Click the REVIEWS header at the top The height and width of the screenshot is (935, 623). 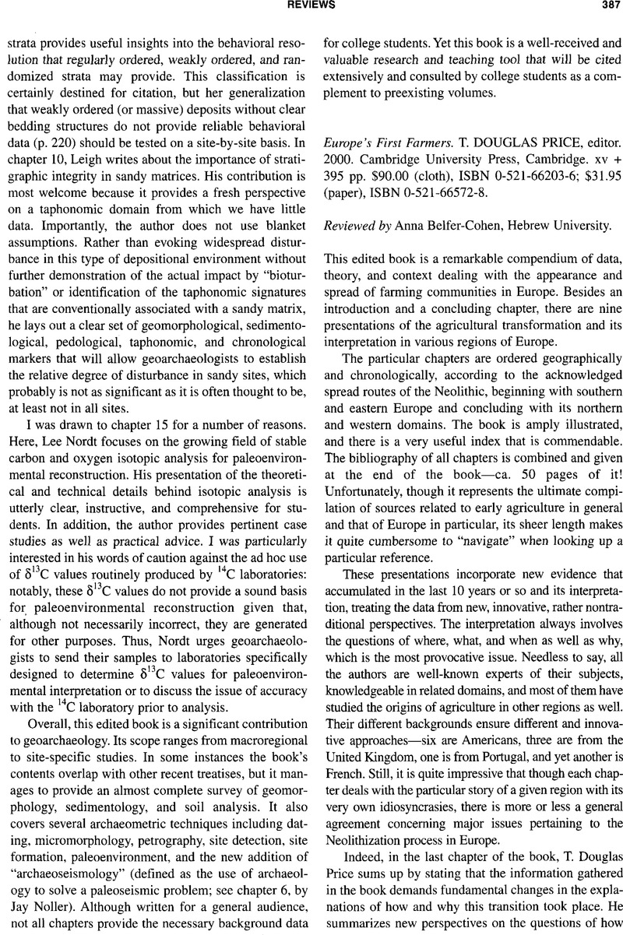coord(312,5)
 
